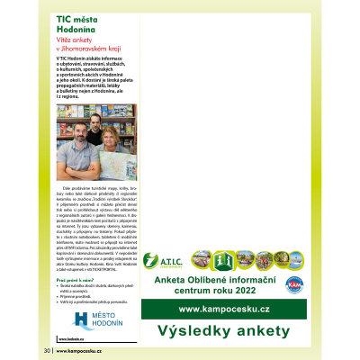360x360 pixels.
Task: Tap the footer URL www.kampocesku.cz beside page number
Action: point(80,350)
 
